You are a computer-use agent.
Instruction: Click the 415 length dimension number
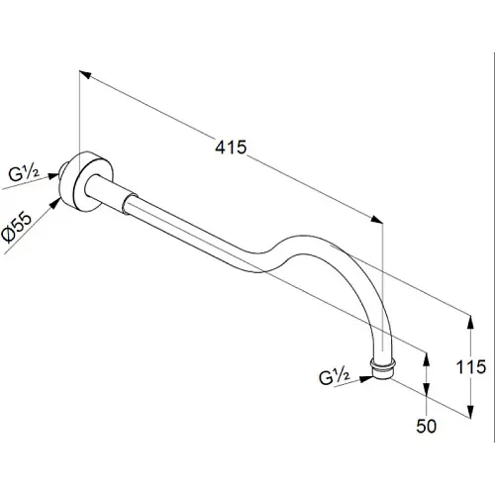(x=231, y=147)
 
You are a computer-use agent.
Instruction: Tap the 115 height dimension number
(x=471, y=366)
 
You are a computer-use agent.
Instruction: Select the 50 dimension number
(x=426, y=426)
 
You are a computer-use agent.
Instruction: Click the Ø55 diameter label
(x=17, y=228)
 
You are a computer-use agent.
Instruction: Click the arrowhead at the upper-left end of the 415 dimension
(x=85, y=74)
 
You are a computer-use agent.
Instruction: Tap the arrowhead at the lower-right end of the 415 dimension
(x=377, y=220)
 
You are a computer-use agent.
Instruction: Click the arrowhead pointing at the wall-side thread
(x=53, y=176)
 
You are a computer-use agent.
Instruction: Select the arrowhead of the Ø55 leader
(x=54, y=203)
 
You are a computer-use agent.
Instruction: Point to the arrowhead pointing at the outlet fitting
(x=365, y=379)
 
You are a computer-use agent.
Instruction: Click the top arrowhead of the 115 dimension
(x=470, y=322)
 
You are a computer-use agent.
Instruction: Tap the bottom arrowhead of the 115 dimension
(x=470, y=411)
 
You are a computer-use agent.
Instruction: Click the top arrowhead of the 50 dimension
(x=427, y=359)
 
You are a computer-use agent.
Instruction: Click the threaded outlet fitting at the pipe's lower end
(x=383, y=368)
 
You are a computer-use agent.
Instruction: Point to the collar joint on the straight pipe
(x=128, y=203)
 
